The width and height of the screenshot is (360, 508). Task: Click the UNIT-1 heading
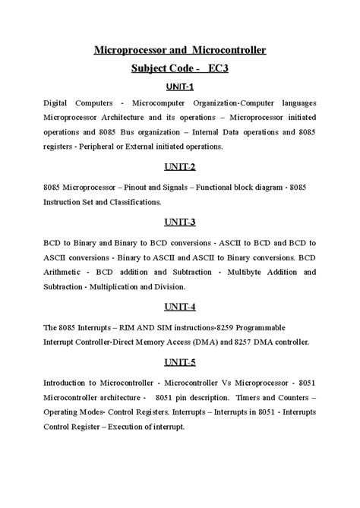point(180,87)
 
